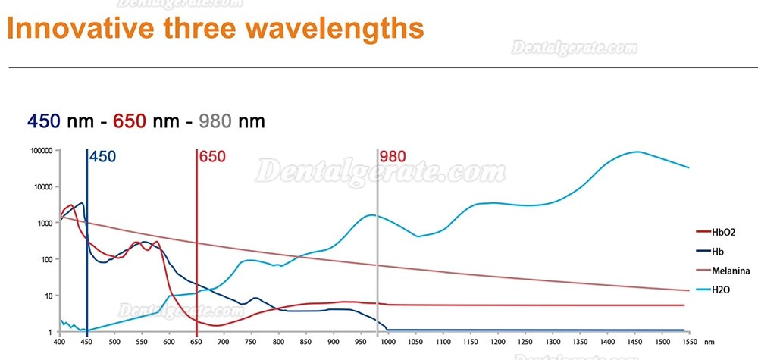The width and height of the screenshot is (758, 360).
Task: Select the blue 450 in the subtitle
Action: coord(43,121)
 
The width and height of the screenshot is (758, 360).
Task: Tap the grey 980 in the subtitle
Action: coord(215,121)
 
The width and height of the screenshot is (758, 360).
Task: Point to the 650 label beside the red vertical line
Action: coord(212,157)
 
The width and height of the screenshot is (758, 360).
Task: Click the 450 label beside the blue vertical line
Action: coord(102,157)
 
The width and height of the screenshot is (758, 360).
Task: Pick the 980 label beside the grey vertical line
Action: coord(393,157)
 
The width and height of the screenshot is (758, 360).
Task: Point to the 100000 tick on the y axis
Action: coord(41,150)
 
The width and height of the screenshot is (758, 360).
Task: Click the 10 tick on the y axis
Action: coord(49,296)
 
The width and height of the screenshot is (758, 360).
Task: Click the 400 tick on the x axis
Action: coord(59,342)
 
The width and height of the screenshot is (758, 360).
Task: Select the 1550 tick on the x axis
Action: coord(689,342)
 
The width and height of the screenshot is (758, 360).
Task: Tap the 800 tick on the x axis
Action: coord(278,342)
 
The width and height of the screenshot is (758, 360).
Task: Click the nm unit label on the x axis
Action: coord(709,342)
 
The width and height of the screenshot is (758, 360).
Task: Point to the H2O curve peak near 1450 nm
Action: coord(637,152)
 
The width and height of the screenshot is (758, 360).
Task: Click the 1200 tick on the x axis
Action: coord(497,342)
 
